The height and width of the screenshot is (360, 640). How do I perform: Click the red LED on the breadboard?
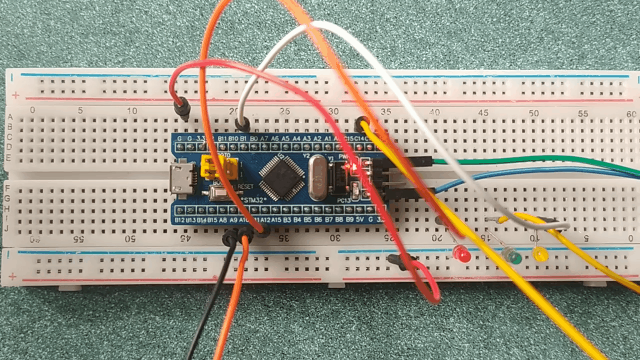[x=463, y=255]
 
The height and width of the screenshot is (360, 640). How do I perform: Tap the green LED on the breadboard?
[x=513, y=257]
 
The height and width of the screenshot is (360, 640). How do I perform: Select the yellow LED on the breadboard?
[x=540, y=254]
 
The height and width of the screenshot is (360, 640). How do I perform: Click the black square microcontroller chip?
[x=282, y=175]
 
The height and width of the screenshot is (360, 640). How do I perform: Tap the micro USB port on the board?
[x=180, y=179]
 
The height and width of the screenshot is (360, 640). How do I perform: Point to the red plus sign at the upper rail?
[x=16, y=95]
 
